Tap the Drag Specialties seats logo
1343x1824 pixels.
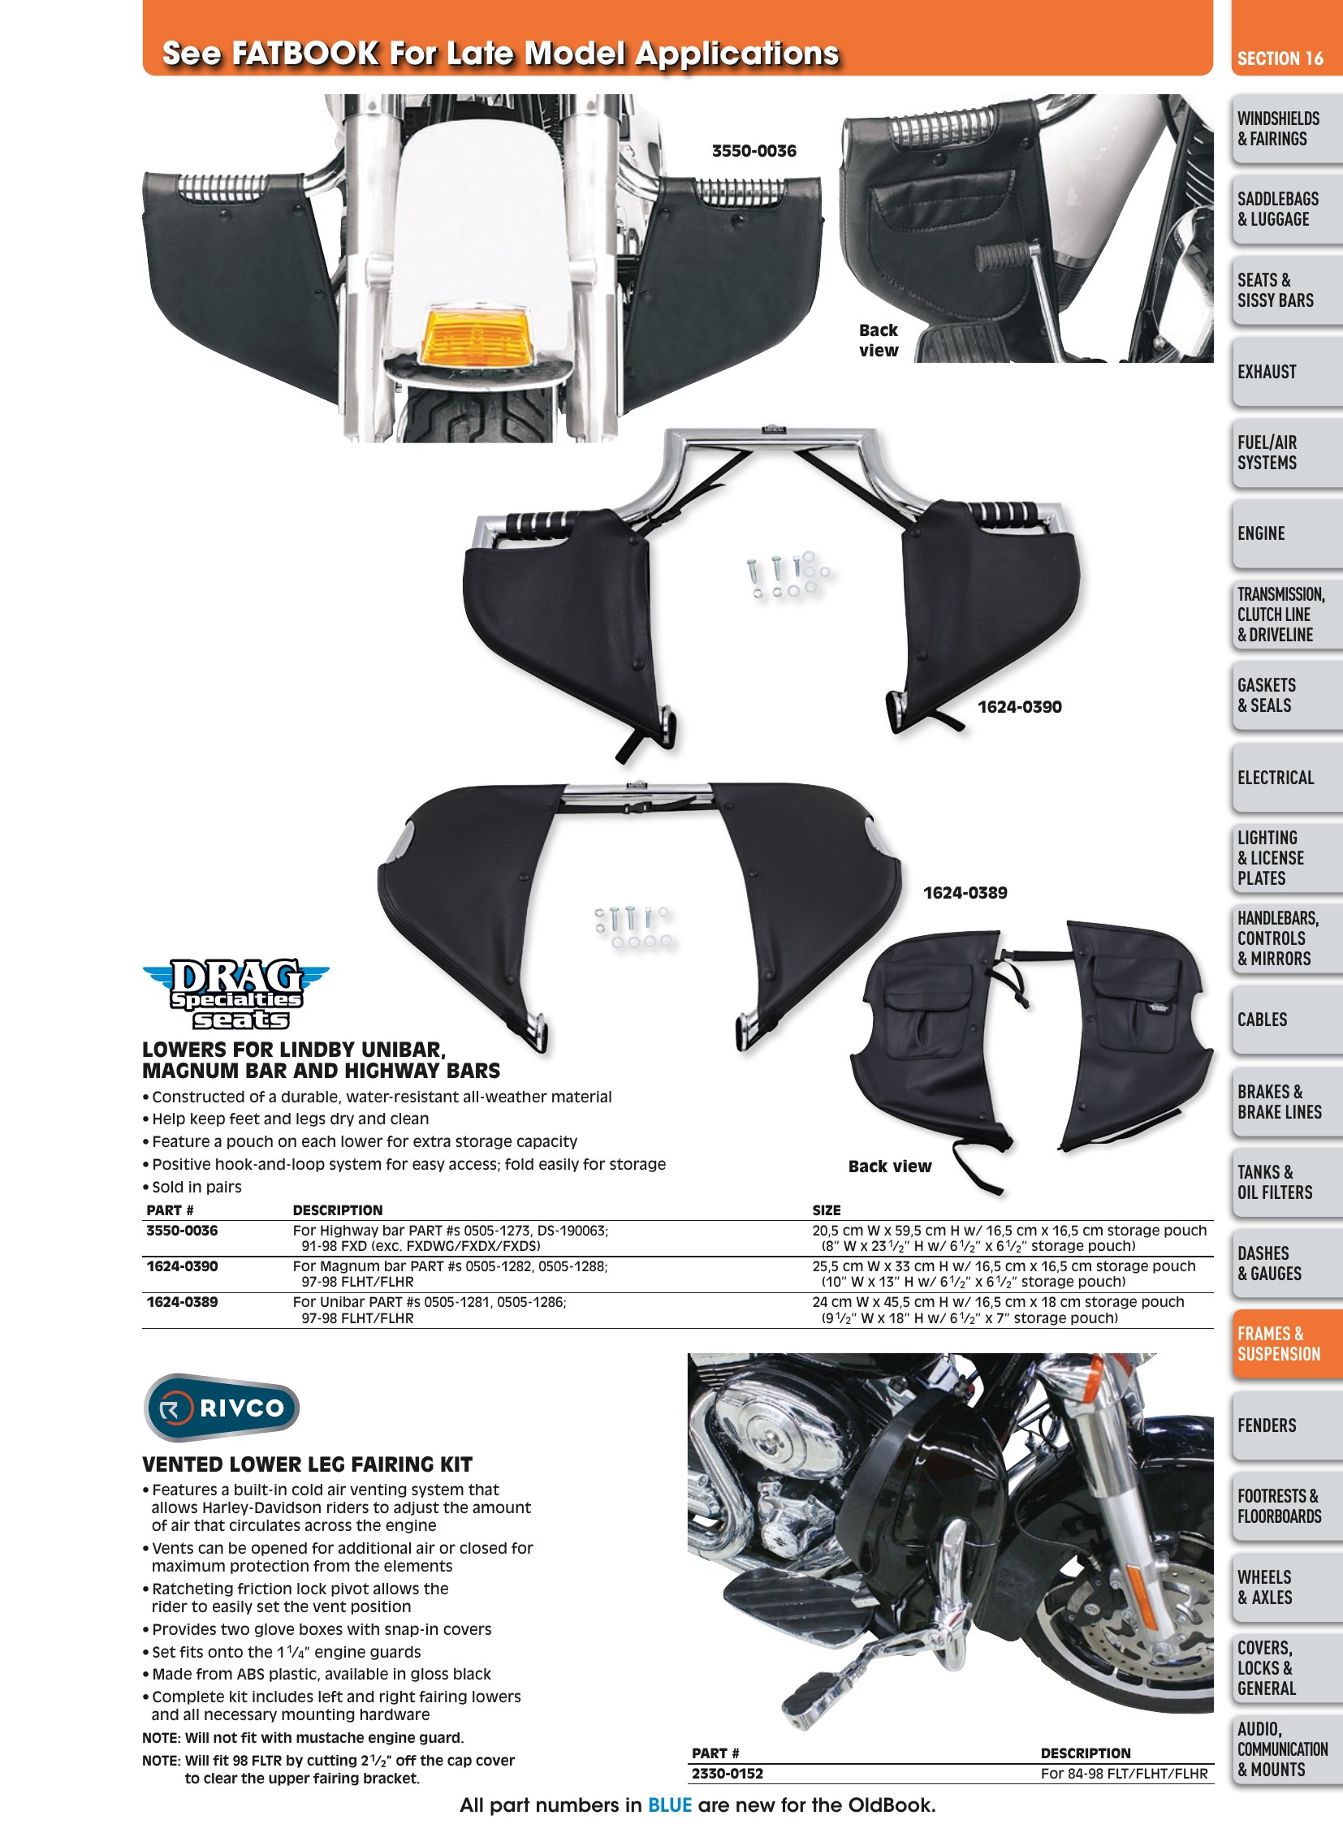tap(235, 994)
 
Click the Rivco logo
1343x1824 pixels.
tap(221, 1408)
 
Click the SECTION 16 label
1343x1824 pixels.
tap(1280, 58)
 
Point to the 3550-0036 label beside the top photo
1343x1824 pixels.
tap(754, 151)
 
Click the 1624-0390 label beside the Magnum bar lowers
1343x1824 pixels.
tap(1020, 707)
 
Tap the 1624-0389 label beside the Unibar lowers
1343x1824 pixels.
tap(965, 892)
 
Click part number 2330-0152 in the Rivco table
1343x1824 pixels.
tap(728, 1773)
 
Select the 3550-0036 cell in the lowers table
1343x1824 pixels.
tap(182, 1231)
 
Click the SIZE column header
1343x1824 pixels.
tap(826, 1210)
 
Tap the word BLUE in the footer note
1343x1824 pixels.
tap(669, 1805)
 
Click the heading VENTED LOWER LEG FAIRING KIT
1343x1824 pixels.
tap(307, 1464)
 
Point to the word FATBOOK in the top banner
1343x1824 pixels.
tap(304, 54)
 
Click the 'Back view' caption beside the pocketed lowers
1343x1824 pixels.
tap(889, 1166)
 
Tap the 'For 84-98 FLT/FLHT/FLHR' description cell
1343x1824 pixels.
tap(1125, 1773)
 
